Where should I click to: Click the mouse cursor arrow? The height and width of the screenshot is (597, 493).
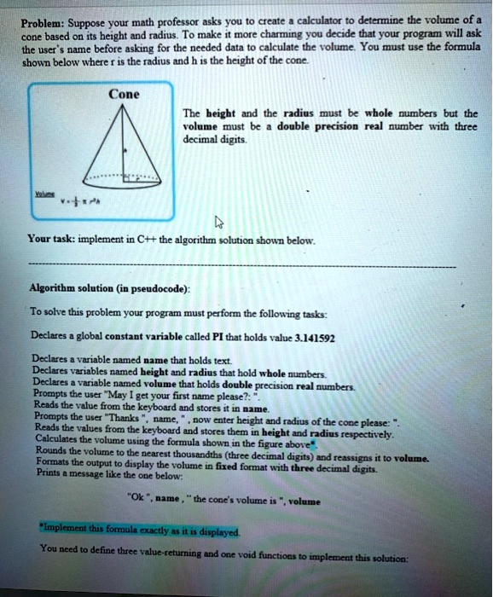[218, 223]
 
